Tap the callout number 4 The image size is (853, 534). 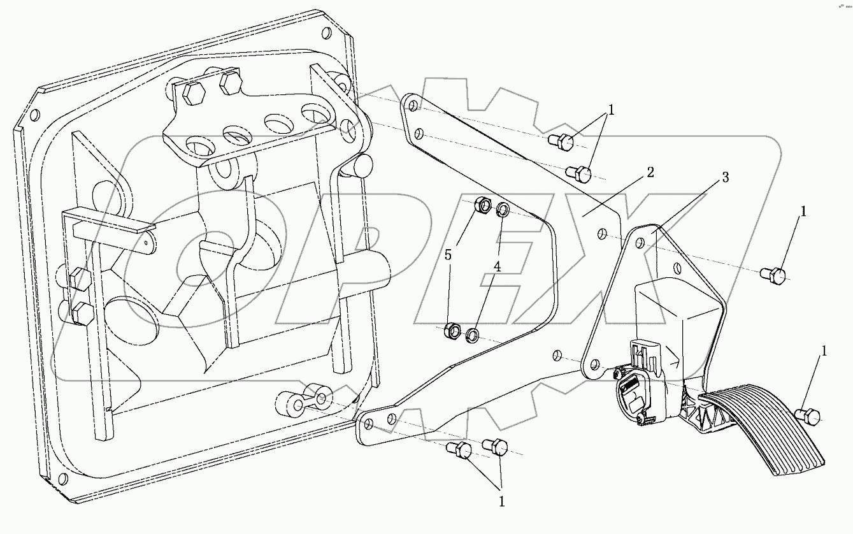(497, 268)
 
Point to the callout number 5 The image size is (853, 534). (448, 255)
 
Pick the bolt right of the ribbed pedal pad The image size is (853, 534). (808, 417)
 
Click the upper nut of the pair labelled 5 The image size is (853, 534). (484, 205)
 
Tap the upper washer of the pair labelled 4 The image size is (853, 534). (502, 210)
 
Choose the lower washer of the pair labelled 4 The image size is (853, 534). (473, 334)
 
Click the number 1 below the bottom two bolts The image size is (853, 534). (501, 502)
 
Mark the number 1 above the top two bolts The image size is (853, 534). (610, 110)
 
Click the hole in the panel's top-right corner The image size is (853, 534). (327, 33)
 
